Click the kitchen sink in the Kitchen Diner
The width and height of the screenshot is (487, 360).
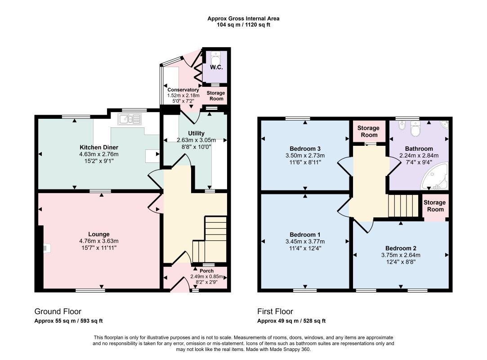130,119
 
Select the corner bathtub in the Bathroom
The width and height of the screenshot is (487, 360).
434,176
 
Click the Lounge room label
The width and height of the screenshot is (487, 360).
99,234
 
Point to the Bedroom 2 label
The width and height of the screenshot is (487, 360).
401,248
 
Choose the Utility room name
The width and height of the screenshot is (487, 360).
197,133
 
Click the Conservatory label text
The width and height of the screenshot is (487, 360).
183,90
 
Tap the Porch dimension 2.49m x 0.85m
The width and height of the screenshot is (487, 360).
206,277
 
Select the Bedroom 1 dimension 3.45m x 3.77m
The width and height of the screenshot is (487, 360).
305,242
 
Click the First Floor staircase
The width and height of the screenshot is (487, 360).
404,206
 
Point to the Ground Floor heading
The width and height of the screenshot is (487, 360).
58,311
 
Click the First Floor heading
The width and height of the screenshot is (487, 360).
275,311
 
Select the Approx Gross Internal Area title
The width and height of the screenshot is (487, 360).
244,18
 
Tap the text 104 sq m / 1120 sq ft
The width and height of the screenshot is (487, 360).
244,25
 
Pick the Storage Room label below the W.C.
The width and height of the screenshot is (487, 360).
216,96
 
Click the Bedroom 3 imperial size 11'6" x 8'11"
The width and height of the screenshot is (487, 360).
305,162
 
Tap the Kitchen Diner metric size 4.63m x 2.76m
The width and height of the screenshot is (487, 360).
99,154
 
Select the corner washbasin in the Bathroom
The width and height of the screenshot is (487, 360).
444,125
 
